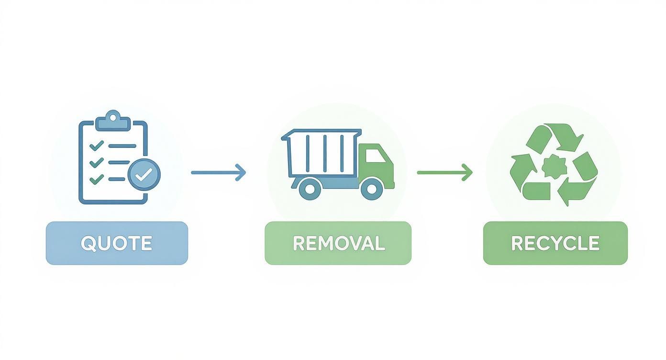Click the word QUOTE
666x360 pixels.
(x=116, y=243)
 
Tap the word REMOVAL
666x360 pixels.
(x=338, y=243)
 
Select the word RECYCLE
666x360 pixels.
(x=555, y=243)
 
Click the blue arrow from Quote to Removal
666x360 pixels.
(x=218, y=172)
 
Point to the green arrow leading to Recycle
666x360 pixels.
(x=444, y=172)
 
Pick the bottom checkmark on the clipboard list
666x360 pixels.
(x=97, y=179)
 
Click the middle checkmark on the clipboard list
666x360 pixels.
(x=97, y=162)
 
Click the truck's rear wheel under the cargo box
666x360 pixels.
(x=310, y=189)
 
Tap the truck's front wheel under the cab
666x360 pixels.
(x=371, y=189)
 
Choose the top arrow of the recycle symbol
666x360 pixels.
(x=555, y=136)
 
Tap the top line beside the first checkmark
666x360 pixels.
(x=122, y=146)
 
